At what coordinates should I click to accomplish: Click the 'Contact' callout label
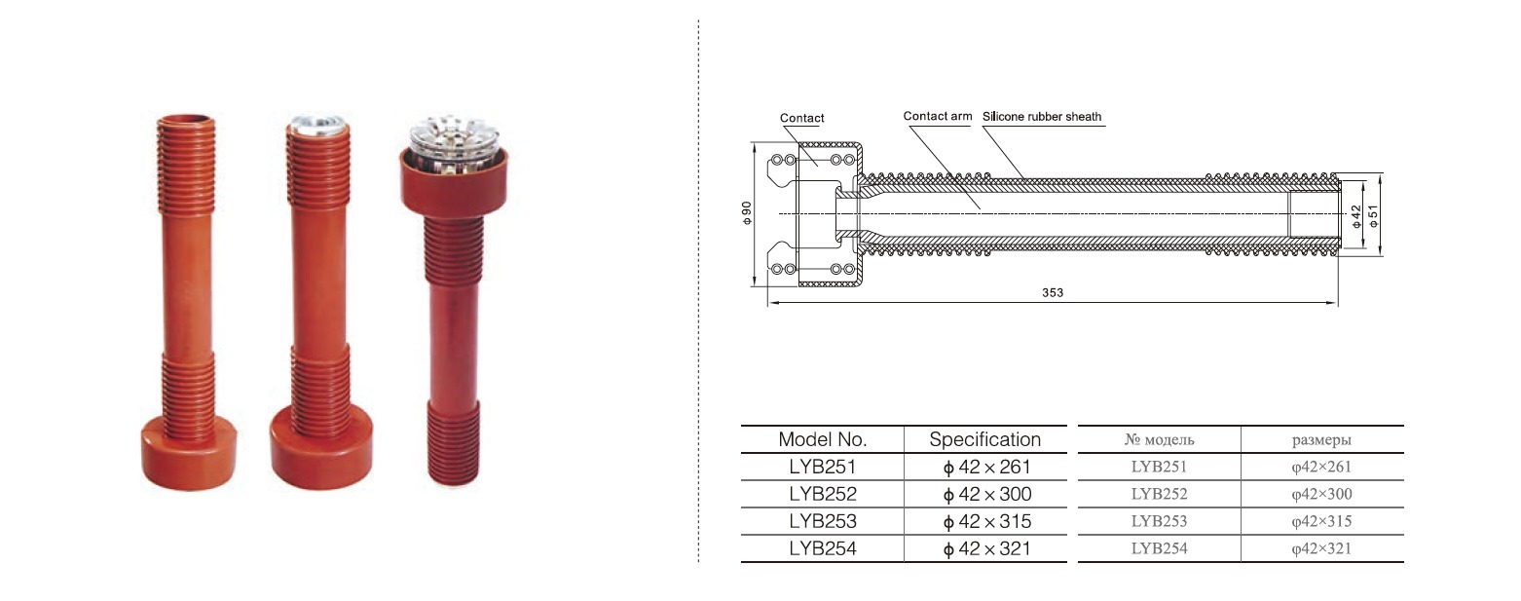pyautogui.click(x=802, y=118)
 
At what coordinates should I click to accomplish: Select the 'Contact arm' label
pyautogui.click(x=937, y=116)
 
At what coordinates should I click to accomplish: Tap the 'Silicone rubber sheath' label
pyautogui.click(x=1042, y=117)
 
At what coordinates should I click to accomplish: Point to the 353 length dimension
pyautogui.click(x=1053, y=292)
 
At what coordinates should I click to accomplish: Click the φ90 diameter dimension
pyautogui.click(x=747, y=212)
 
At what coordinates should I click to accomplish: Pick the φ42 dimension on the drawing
pyautogui.click(x=1356, y=216)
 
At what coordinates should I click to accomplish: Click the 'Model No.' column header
pyautogui.click(x=822, y=439)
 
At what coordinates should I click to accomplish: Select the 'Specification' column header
pyautogui.click(x=984, y=439)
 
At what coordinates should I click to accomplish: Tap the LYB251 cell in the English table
pyautogui.click(x=822, y=468)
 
